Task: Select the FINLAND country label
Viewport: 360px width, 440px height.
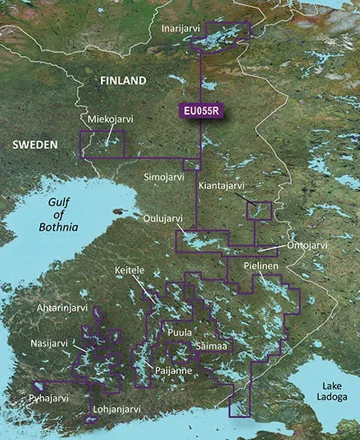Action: (122, 81)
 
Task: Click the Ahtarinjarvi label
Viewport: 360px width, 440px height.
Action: (61, 306)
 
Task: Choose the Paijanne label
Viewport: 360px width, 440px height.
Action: (169, 371)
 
